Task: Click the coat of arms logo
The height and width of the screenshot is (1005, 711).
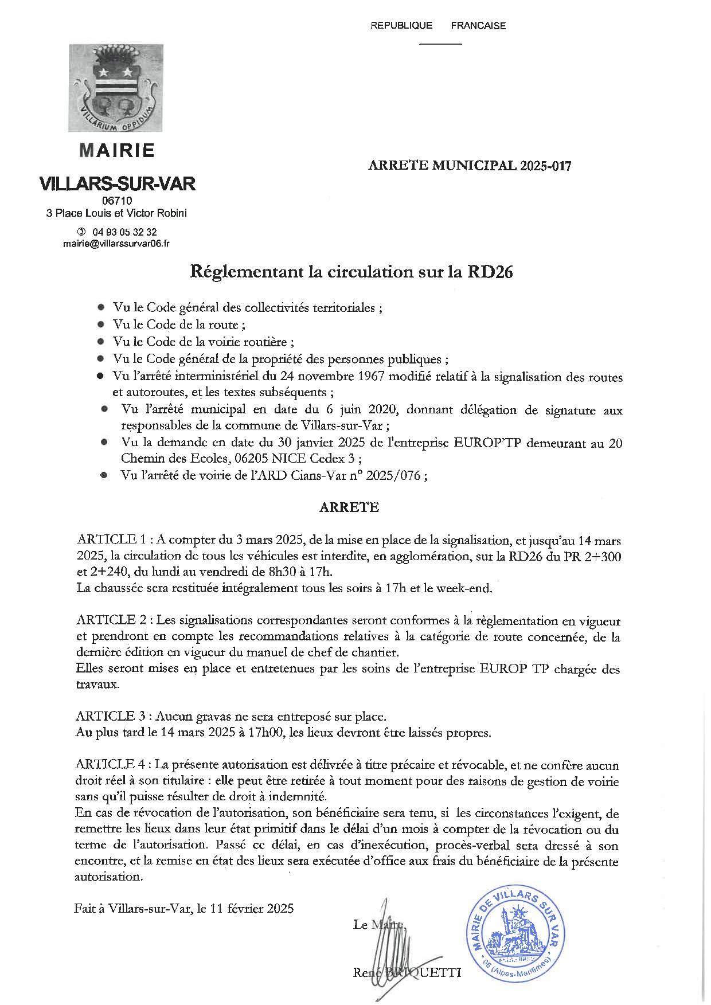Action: point(116,88)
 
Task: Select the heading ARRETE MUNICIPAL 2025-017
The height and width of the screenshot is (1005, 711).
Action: point(470,166)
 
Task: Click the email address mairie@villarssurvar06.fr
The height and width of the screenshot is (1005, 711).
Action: point(116,244)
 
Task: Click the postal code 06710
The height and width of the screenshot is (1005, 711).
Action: point(116,201)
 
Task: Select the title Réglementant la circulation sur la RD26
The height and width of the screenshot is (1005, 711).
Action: point(351,272)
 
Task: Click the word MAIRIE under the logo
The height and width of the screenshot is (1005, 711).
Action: point(117,150)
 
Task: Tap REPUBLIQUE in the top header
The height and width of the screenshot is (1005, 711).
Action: point(401,25)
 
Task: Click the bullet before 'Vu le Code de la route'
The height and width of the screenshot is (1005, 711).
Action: point(101,325)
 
